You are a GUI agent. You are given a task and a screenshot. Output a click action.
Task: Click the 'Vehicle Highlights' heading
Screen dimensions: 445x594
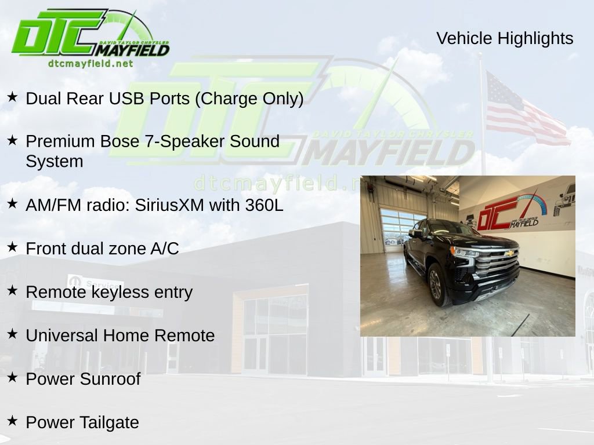tap(505, 38)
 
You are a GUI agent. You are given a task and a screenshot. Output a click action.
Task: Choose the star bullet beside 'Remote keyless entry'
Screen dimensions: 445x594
tap(13, 290)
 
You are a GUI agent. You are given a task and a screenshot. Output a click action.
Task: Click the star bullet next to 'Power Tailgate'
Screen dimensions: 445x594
tap(13, 421)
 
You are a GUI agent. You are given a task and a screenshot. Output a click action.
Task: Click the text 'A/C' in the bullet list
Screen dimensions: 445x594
tap(165, 249)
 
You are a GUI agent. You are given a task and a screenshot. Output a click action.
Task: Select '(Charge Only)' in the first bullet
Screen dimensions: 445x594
tap(249, 99)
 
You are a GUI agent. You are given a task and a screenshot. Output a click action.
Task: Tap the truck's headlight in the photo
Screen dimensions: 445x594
tap(465, 253)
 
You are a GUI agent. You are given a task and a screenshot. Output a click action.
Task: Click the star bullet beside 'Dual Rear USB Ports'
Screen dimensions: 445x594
tap(13, 97)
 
